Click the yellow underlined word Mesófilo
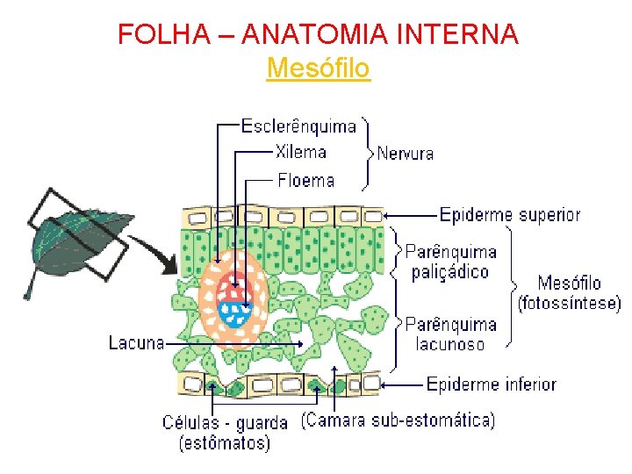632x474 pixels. (x=318, y=68)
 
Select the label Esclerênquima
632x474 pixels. (x=298, y=126)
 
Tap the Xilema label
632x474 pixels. (x=300, y=153)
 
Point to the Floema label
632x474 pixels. (x=305, y=181)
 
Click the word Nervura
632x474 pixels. (x=406, y=154)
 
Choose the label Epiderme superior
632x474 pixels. (x=509, y=214)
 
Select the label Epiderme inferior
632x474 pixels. (x=491, y=384)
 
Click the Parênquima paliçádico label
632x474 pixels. (x=450, y=262)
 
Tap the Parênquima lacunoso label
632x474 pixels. (x=450, y=334)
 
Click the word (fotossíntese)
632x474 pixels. (x=569, y=304)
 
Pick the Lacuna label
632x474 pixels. (x=136, y=342)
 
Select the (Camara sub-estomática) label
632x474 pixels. (x=398, y=420)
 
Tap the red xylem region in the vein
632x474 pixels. (x=233, y=287)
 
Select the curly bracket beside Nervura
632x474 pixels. (x=366, y=153)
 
